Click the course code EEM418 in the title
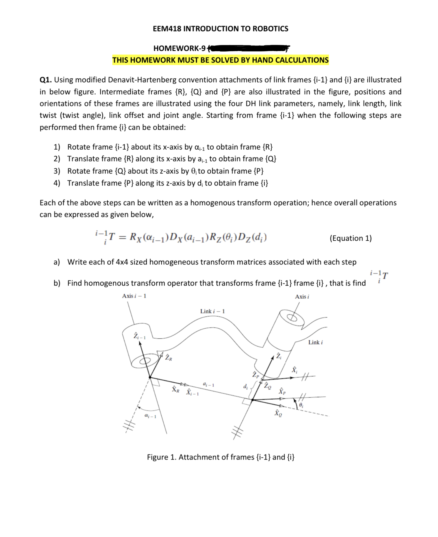(167, 29)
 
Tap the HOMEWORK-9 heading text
(179, 48)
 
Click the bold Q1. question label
(46, 80)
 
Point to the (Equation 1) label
(350, 238)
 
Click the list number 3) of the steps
(57, 171)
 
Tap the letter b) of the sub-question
(57, 283)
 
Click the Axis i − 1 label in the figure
(134, 296)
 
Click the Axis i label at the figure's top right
(302, 297)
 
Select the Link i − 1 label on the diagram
(212, 311)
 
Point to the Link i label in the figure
(315, 342)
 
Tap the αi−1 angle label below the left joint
(150, 416)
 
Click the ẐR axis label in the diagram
(168, 357)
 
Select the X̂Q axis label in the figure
(278, 413)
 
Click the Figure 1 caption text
(221, 457)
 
